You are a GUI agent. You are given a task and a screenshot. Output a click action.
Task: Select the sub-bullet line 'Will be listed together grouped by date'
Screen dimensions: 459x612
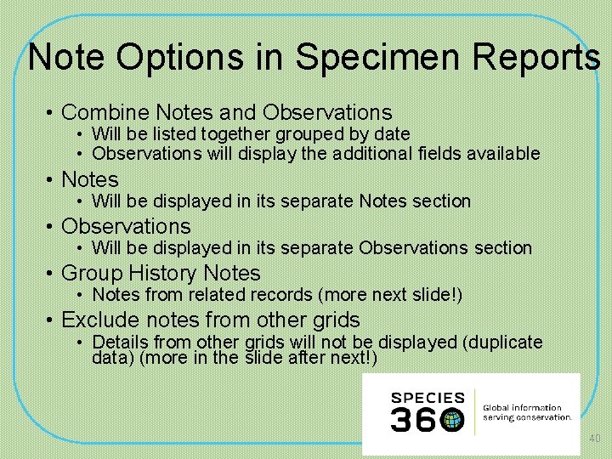tap(251, 133)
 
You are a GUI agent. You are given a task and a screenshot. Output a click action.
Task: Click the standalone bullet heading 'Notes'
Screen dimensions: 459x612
tap(90, 179)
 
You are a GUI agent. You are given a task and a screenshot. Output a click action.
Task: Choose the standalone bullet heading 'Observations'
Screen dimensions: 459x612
tap(126, 226)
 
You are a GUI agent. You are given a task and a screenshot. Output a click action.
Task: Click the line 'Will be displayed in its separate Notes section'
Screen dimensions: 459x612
tap(280, 201)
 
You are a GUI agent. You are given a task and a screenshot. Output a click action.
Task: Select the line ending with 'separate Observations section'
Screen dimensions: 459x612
tap(311, 247)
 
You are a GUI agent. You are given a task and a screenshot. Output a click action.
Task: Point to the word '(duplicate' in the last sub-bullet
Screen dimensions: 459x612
tap(501, 342)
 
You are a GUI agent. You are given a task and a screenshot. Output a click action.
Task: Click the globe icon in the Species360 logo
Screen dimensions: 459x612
tap(452, 419)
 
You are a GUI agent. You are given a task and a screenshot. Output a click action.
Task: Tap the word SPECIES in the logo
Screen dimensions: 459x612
tap(428, 397)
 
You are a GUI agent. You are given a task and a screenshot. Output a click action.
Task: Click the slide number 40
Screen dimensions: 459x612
tap(594, 439)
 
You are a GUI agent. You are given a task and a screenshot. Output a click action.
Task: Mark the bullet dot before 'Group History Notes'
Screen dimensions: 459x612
tap(51, 274)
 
